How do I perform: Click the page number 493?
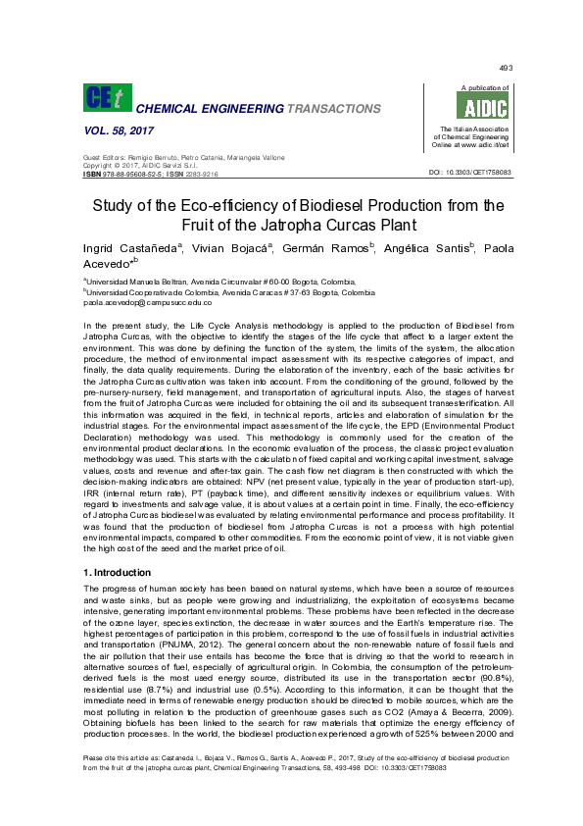506,67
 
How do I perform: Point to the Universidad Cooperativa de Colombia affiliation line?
231,292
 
